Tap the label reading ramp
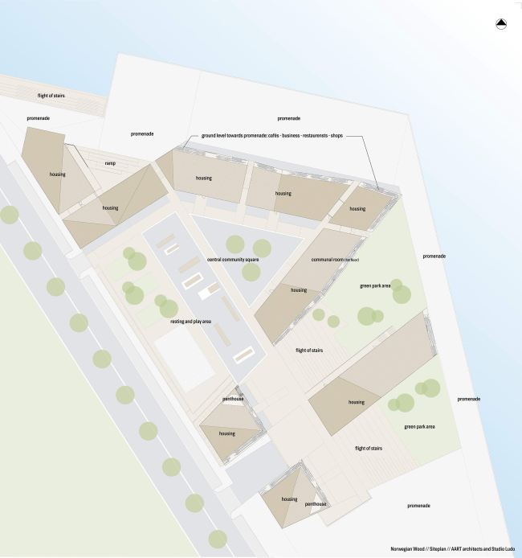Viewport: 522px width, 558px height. (x=110, y=163)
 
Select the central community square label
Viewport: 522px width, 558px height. (x=233, y=260)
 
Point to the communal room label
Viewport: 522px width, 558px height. (x=331, y=261)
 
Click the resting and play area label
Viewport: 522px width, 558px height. (x=190, y=322)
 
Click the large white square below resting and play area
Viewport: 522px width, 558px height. (x=186, y=360)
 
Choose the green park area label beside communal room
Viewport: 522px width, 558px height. (x=375, y=285)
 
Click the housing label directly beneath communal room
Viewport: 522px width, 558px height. (x=299, y=290)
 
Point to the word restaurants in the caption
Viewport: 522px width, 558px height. (x=308, y=136)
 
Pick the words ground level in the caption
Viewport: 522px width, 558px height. (x=211, y=136)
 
